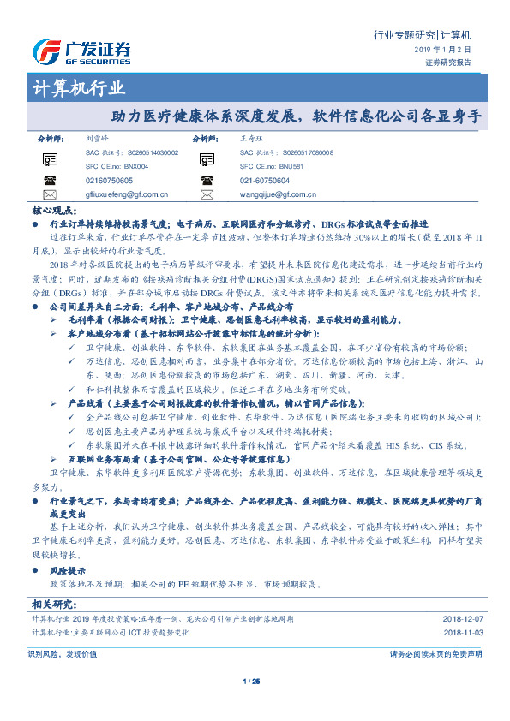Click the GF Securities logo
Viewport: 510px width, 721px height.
[81, 51]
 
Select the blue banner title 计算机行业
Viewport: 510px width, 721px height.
[78, 88]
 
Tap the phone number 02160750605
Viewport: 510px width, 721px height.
[110, 181]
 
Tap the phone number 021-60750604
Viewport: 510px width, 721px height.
[265, 181]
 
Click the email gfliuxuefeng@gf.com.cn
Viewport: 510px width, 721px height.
[127, 195]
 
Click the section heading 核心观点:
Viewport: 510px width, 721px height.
[53, 209]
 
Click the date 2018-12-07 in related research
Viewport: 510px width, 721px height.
[462, 618]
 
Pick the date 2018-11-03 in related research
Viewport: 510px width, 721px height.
[462, 632]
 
